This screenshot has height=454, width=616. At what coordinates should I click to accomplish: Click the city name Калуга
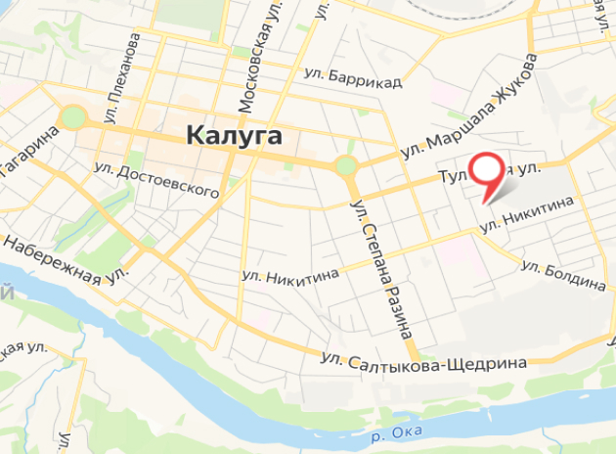pyautogui.click(x=234, y=135)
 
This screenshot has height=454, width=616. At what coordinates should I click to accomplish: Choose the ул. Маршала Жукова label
pyautogui.click(x=470, y=109)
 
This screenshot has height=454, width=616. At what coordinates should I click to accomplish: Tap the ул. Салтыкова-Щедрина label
pyautogui.click(x=422, y=362)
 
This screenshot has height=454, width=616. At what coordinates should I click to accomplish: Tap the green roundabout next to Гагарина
pyautogui.click(x=72, y=117)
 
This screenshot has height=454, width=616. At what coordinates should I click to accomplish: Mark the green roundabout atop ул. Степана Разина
pyautogui.click(x=345, y=164)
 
